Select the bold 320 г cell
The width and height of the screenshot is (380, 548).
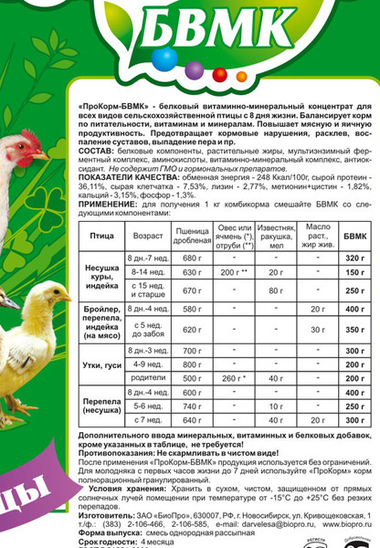tap(354, 260)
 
